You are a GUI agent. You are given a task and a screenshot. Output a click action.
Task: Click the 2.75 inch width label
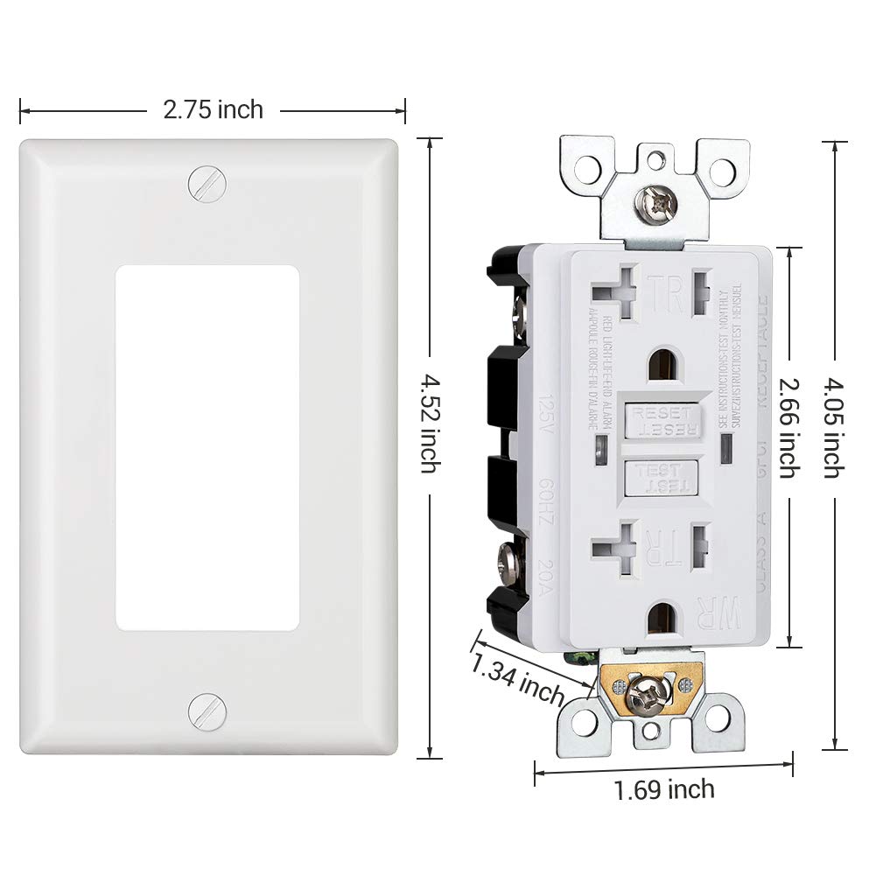click(213, 109)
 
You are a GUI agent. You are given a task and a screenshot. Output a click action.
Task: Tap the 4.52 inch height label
click(428, 424)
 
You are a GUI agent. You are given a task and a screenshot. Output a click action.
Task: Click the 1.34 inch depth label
click(517, 678)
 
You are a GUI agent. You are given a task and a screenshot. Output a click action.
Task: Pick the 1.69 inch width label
click(663, 790)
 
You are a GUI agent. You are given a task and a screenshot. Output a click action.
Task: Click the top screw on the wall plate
click(207, 182)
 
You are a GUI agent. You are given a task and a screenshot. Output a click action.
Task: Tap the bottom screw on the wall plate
click(207, 710)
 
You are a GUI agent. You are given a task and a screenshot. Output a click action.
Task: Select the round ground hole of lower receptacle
click(666, 620)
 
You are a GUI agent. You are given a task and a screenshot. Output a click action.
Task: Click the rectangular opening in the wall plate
click(207, 447)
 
